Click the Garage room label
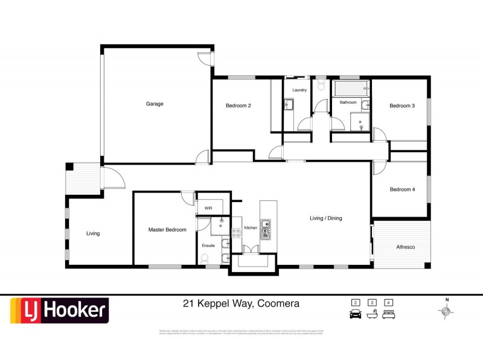[x=155, y=104]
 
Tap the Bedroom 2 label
[x=238, y=106]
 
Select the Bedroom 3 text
[x=401, y=106]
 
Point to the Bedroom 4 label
[x=402, y=189]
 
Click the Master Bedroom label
[x=167, y=230]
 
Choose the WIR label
[x=208, y=208]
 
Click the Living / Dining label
[x=326, y=218]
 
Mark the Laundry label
[x=299, y=91]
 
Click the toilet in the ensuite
[x=205, y=258]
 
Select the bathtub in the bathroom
[x=351, y=89]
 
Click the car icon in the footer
[x=356, y=314]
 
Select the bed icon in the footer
[x=389, y=314]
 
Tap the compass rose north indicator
[x=447, y=310]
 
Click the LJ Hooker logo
[x=59, y=311]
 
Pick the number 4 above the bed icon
[x=389, y=302]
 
